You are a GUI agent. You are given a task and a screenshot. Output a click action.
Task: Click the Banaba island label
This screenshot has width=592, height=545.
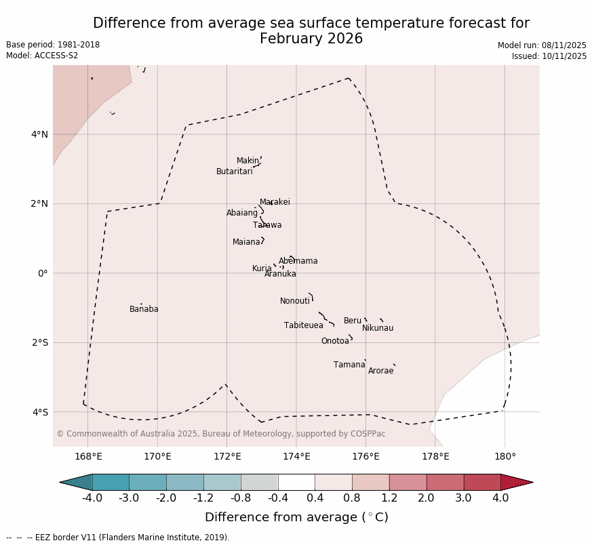[144, 309]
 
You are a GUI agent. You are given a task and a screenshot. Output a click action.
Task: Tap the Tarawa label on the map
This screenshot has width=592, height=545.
[267, 225]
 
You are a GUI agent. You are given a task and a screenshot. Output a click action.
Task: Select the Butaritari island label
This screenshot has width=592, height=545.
[234, 171]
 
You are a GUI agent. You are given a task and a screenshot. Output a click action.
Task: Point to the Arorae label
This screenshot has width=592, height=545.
[380, 371]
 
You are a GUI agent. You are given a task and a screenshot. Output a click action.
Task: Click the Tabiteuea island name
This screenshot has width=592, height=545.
[303, 325]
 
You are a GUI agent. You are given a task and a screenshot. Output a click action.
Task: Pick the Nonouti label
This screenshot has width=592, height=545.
[295, 301]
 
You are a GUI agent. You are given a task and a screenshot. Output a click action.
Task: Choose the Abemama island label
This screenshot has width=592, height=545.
[298, 261]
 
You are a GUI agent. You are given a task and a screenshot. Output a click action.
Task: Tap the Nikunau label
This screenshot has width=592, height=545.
[377, 328]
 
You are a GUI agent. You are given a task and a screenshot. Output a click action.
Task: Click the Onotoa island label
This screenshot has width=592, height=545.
[335, 341]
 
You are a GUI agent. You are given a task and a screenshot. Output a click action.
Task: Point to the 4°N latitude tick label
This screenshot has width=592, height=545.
[39, 134]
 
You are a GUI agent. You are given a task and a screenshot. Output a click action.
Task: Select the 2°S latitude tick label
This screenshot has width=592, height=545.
[39, 342]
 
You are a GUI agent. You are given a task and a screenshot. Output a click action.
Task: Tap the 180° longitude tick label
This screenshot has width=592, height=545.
[505, 456]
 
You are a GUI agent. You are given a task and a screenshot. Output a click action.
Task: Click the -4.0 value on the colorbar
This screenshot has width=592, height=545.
[92, 498]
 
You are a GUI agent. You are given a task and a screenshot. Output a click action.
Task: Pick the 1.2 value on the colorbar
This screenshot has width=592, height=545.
[389, 498]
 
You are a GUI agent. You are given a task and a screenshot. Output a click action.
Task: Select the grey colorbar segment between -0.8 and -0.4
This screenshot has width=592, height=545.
[259, 482]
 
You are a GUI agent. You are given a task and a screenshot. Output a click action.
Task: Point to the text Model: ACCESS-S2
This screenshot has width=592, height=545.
[42, 56]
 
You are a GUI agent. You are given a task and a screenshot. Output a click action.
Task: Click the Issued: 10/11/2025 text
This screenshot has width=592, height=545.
[549, 56]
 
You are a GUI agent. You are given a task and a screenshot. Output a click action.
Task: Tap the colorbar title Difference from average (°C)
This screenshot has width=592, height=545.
[296, 517]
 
